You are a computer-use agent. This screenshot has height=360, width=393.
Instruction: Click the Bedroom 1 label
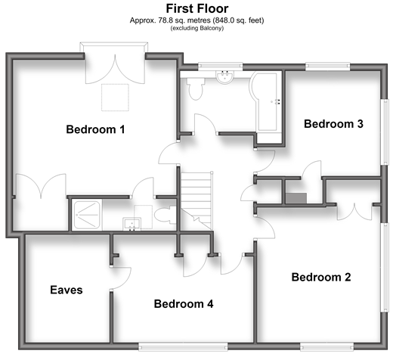point(95,129)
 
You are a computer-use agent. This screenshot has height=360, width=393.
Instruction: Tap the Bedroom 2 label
point(321,277)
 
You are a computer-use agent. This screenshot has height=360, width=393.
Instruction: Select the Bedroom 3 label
point(333,124)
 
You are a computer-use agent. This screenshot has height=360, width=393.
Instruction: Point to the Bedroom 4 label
point(184,304)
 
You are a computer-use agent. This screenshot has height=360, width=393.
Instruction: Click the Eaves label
point(67,290)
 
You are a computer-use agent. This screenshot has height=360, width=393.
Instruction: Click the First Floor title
point(197,8)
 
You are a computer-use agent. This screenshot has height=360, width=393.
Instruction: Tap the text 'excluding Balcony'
point(197,28)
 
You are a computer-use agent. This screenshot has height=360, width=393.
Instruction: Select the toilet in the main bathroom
point(196,88)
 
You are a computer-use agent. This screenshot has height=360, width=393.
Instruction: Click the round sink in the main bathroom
point(225,76)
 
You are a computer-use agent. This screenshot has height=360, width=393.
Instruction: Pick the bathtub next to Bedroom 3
point(267,102)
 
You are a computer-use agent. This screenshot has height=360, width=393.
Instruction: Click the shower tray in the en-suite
point(87,215)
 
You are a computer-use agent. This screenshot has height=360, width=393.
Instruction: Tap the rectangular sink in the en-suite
point(132,225)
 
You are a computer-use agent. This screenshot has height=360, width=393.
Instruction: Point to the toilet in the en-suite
point(166,215)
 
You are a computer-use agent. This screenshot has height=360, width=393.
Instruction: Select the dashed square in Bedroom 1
point(115,98)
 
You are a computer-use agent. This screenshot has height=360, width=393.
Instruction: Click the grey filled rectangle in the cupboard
point(296,198)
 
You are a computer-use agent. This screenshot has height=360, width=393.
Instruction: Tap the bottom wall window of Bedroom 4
point(183,346)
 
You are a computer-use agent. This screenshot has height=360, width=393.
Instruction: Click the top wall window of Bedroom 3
point(328,66)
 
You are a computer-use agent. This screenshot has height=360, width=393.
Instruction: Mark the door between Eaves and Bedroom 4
point(121,278)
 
